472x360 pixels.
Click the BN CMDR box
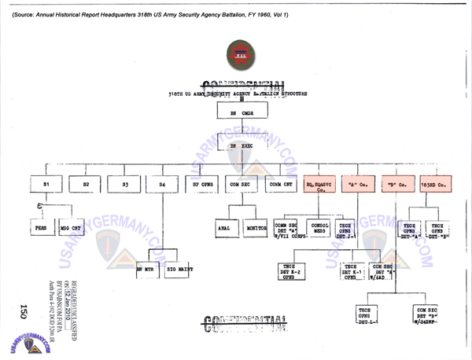click(x=237, y=112)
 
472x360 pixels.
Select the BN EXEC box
click(x=237, y=146)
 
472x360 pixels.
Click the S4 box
click(x=162, y=185)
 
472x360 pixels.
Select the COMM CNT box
click(x=278, y=185)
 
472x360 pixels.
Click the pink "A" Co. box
click(x=358, y=185)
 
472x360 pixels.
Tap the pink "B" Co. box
click(x=397, y=185)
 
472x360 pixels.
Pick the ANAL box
click(x=223, y=228)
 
